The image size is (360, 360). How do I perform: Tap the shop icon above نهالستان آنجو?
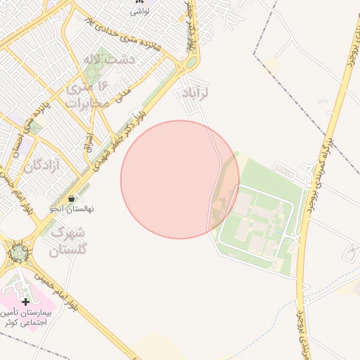pyautogui.click(x=73, y=199)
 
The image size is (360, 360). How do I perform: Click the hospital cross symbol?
pyautogui.click(x=26, y=302)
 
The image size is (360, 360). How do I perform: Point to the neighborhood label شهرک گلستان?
pyautogui.click(x=69, y=240)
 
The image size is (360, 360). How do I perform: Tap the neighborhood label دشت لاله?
pyautogui.click(x=108, y=60)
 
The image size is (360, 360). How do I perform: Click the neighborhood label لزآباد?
pyautogui.click(x=196, y=94)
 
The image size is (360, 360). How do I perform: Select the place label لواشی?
pyautogui.click(x=139, y=11)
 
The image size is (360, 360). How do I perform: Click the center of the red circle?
pyautogui.click(x=180, y=179)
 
